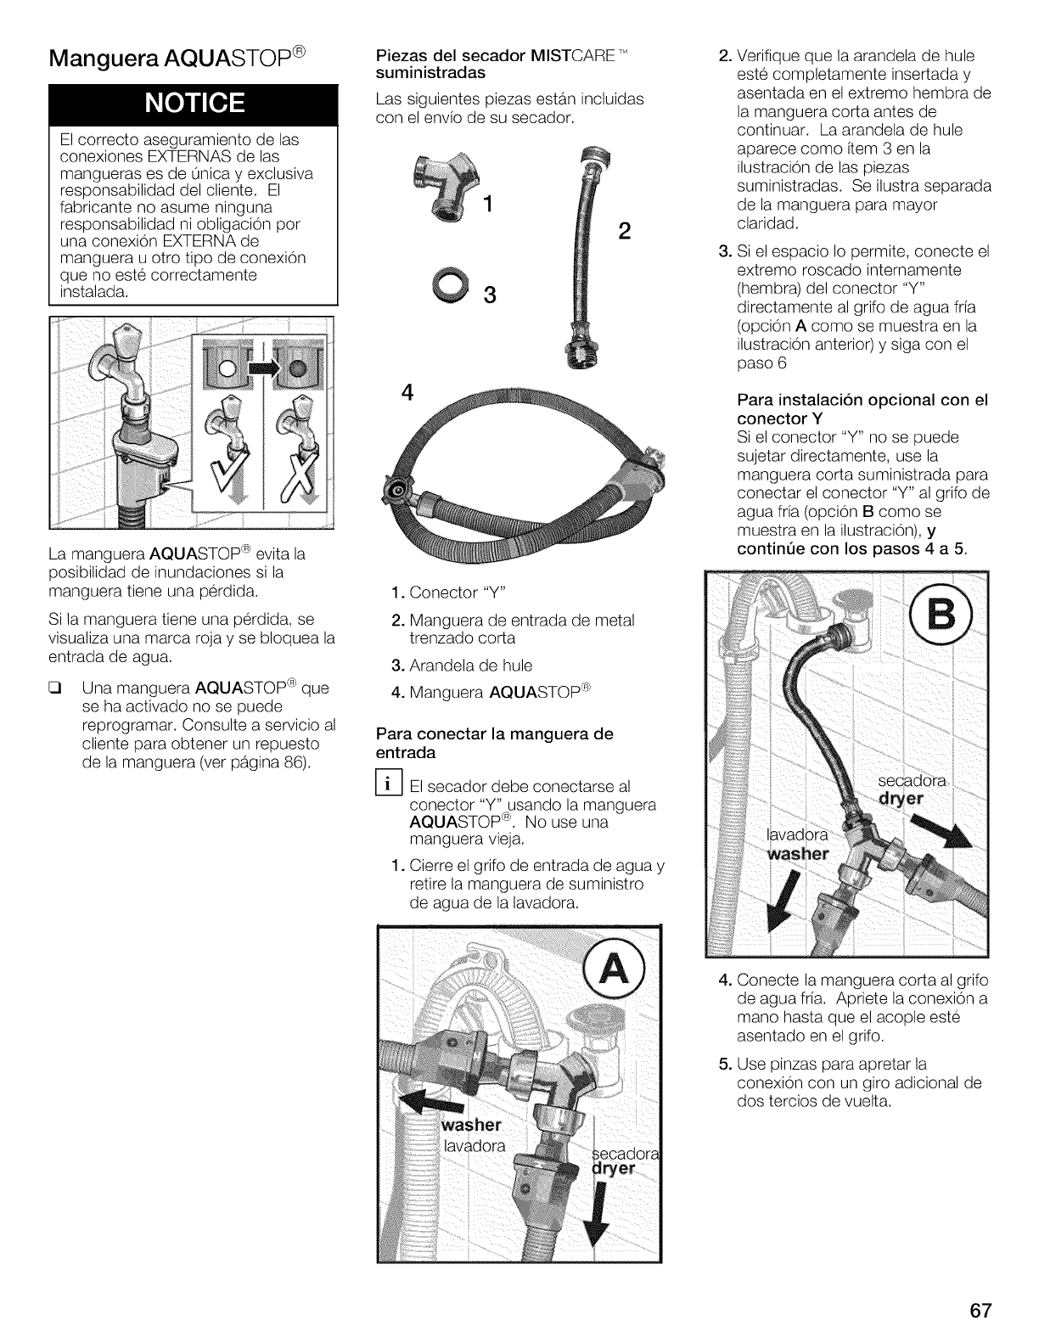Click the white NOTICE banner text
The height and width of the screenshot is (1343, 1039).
[x=196, y=103]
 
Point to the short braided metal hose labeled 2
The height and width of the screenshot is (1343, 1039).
[x=580, y=255]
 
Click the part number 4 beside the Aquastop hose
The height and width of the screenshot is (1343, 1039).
[x=408, y=394]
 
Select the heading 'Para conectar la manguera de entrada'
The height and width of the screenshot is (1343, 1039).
[x=493, y=743]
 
